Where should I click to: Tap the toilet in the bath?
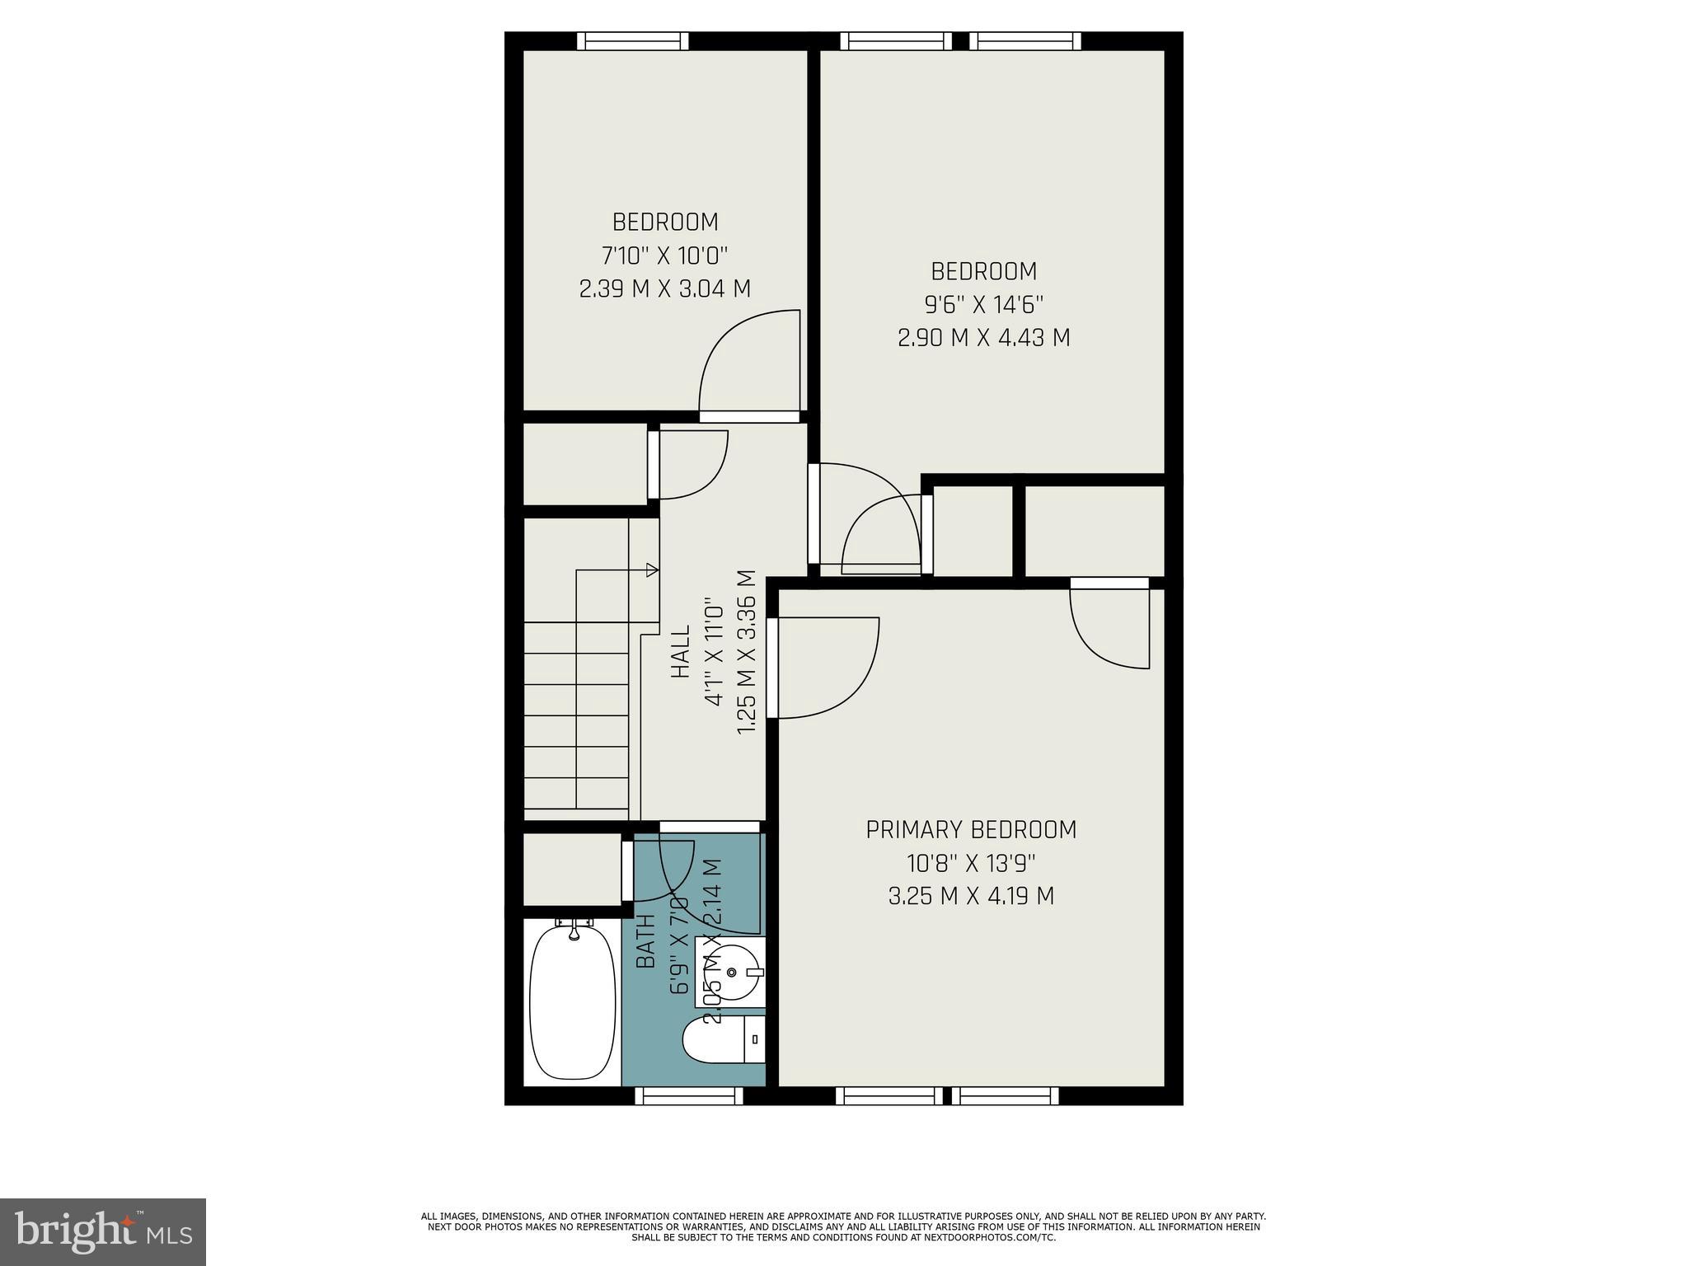pyautogui.click(x=724, y=1040)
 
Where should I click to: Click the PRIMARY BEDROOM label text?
pyautogui.click(x=971, y=830)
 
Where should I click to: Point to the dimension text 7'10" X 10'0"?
pyautogui.click(x=665, y=256)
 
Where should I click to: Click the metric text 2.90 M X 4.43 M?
pyautogui.click(x=983, y=338)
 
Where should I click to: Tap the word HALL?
pyautogui.click(x=681, y=651)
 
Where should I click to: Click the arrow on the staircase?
pyautogui.click(x=651, y=569)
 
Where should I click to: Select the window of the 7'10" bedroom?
pyautogui.click(x=632, y=41)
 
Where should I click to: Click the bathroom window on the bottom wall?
pyautogui.click(x=689, y=1095)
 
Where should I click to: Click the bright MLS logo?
pyautogui.click(x=103, y=1231)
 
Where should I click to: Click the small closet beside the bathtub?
pyautogui.click(x=573, y=870)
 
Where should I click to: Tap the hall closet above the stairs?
pyautogui.click(x=585, y=464)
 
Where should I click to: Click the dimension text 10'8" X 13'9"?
pyautogui.click(x=971, y=863)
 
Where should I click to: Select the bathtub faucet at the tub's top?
pyautogui.click(x=574, y=931)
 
